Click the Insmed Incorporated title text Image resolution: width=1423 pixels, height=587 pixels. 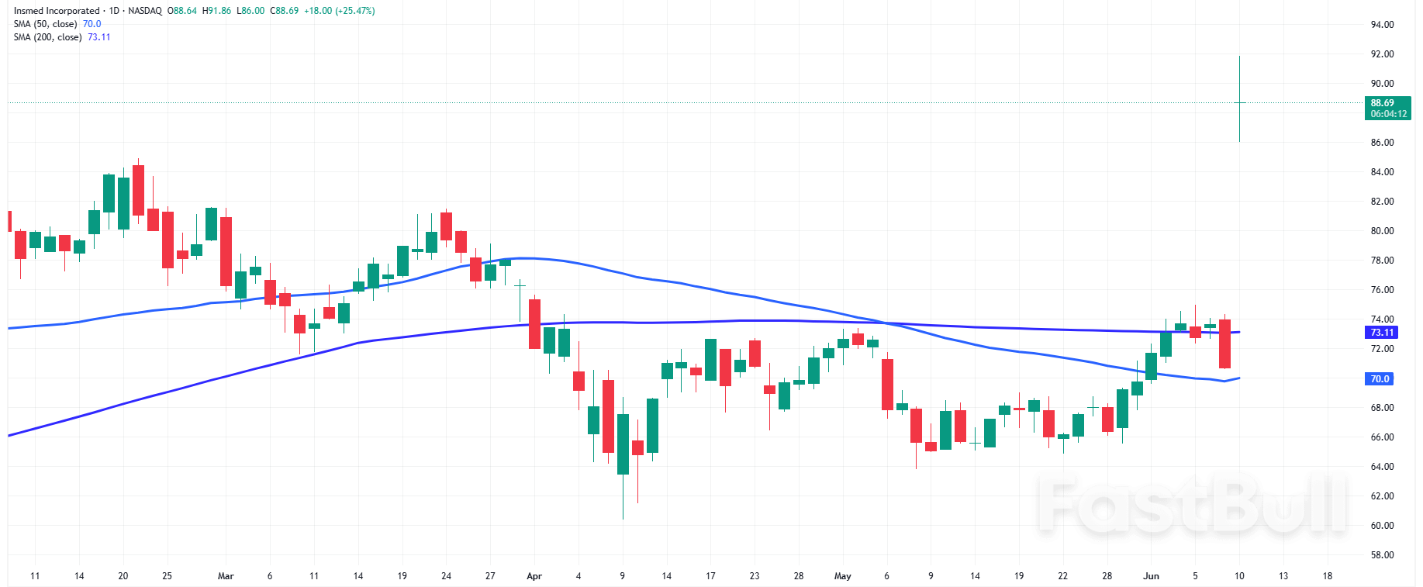(57, 11)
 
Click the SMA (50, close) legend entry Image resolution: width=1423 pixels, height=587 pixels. (45, 24)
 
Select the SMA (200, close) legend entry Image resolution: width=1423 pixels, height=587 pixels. (47, 37)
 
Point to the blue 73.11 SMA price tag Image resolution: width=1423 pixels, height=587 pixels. (1382, 333)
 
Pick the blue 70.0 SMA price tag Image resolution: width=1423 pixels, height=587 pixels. (1380, 379)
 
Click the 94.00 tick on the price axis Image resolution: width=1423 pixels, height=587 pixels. (1382, 25)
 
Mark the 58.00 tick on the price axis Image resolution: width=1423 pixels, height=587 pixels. (1382, 555)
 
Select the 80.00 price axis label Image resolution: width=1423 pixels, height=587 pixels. (1382, 231)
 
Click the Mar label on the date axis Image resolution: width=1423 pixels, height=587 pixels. (226, 576)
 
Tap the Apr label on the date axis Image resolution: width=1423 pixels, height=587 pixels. (534, 576)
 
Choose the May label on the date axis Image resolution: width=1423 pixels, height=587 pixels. (842, 576)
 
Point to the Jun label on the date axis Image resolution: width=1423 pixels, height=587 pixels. (1151, 576)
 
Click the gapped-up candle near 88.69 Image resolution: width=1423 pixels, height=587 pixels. (1239, 102)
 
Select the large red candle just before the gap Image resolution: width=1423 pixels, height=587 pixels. (1224, 344)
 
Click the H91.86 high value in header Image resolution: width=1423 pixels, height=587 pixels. (216, 11)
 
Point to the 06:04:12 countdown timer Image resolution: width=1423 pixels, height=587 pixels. (1388, 114)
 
